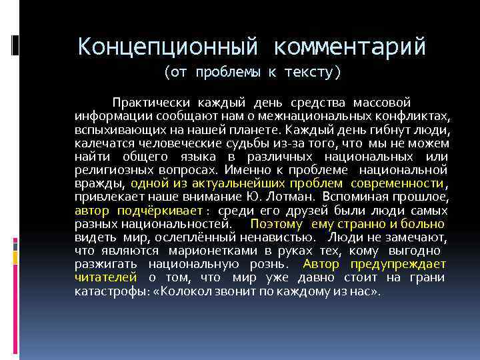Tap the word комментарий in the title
coord(349,47)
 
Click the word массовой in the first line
coord(386,103)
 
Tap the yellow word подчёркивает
coord(160,211)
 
